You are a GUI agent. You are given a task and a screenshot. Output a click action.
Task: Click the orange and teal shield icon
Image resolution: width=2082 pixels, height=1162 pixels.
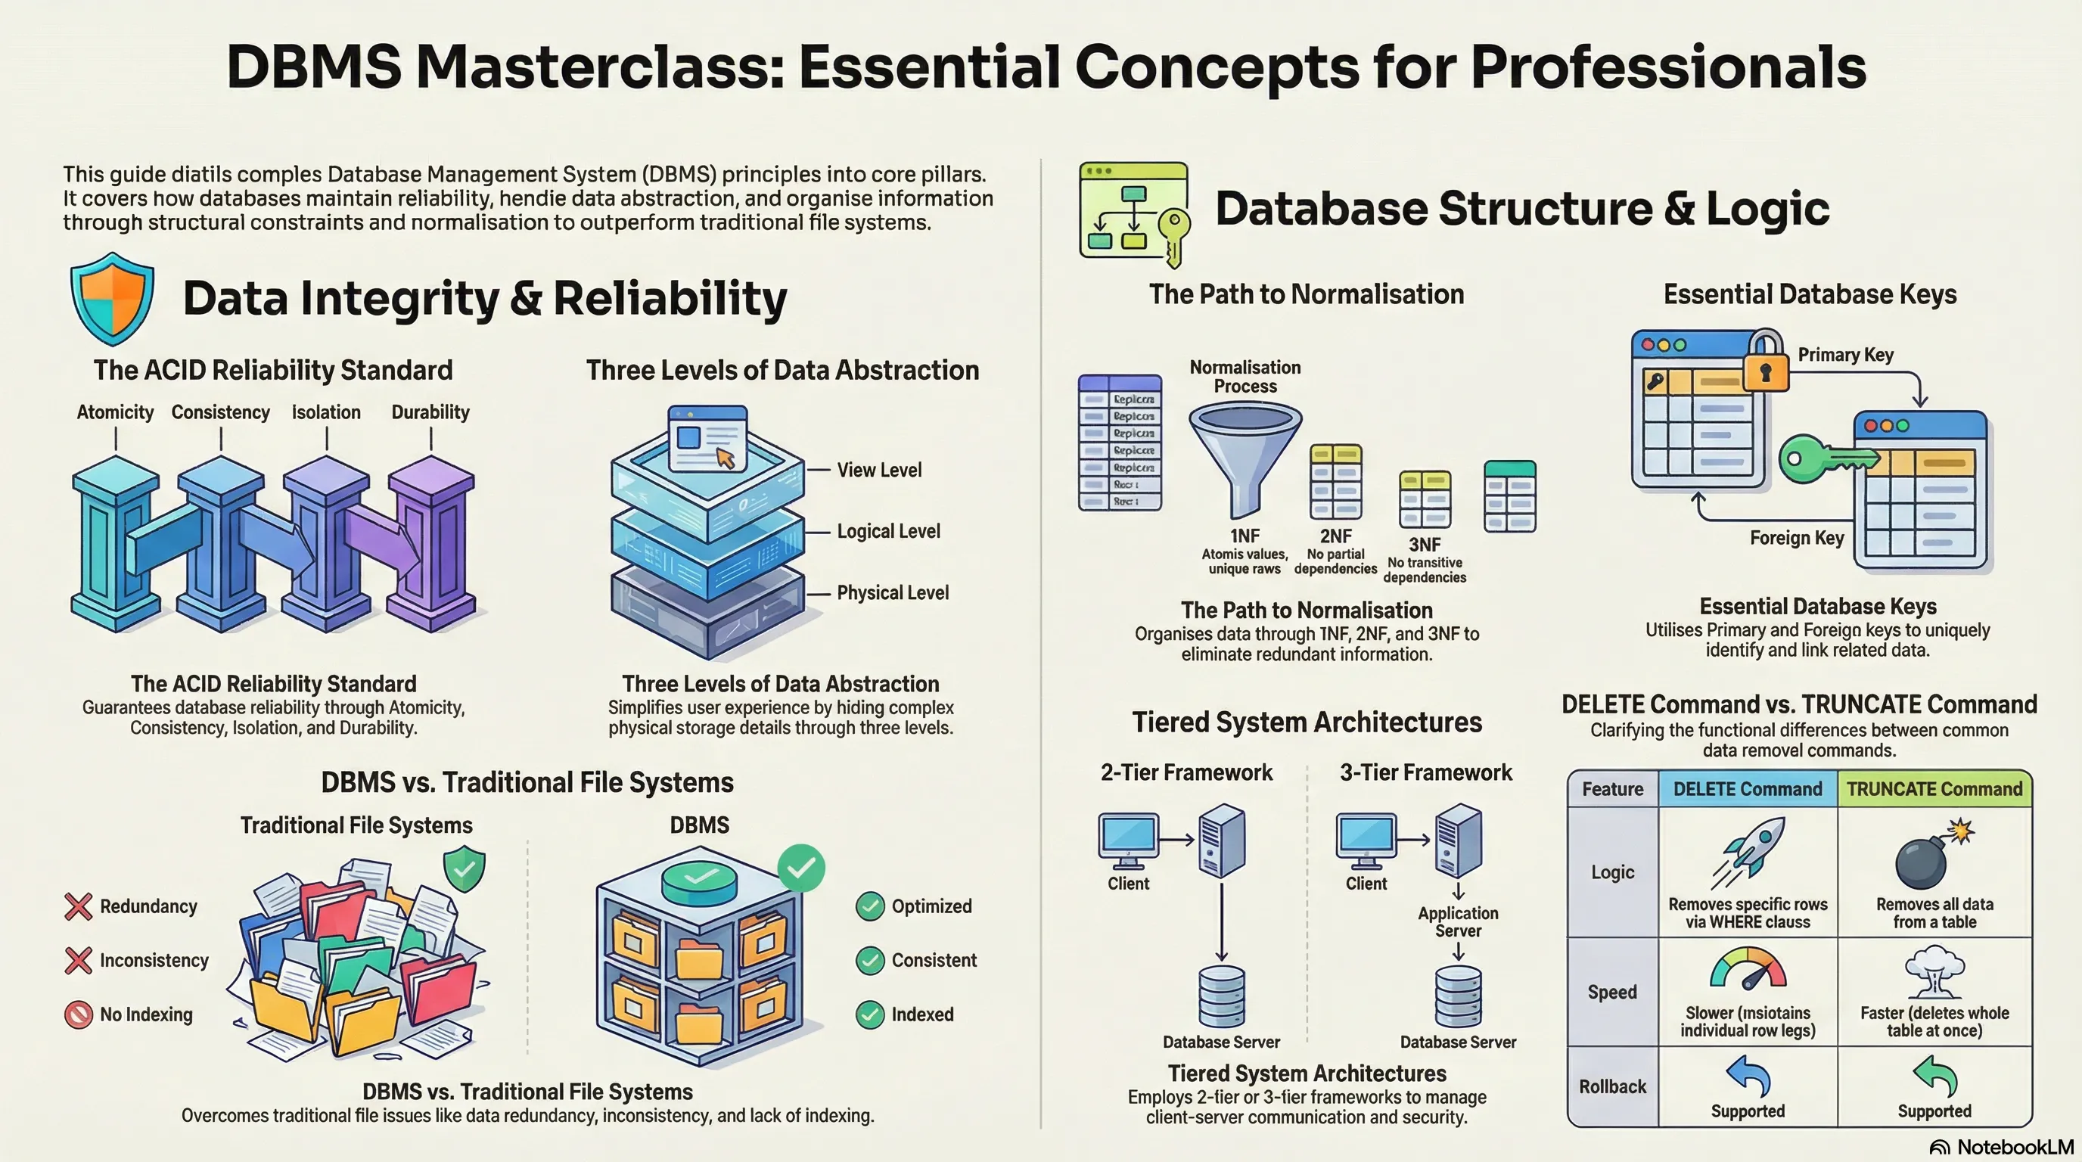click(112, 297)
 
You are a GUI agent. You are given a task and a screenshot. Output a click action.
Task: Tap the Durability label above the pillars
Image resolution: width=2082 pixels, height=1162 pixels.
click(430, 412)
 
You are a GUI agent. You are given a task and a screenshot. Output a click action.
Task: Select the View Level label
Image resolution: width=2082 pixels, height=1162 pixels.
click(878, 471)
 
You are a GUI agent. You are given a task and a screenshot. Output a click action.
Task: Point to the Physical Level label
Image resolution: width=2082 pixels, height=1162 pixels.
click(892, 592)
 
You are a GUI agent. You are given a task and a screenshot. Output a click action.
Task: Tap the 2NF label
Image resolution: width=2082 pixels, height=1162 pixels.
click(1335, 536)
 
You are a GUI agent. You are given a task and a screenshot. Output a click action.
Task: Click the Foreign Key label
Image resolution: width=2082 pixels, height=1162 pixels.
click(1797, 538)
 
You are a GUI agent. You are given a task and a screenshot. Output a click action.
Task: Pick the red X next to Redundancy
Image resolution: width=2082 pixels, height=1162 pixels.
click(79, 906)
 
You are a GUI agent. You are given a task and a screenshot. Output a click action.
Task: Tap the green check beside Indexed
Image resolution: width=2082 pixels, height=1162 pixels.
click(870, 1014)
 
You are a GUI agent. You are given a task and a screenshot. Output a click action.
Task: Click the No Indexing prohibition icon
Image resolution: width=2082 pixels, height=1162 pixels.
click(79, 1014)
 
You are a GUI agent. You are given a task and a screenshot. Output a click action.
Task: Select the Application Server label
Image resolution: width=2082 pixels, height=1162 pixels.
click(1458, 922)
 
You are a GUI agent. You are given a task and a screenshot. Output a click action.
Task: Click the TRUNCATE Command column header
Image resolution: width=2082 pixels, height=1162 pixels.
click(1934, 789)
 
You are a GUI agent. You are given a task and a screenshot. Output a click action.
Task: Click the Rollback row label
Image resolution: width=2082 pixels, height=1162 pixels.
click(1612, 1087)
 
